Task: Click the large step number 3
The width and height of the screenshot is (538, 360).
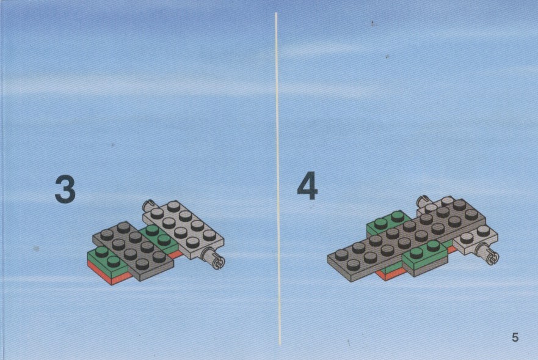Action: (x=65, y=189)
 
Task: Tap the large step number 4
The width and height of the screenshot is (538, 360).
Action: (x=307, y=186)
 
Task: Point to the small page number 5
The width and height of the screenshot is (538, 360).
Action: (x=515, y=337)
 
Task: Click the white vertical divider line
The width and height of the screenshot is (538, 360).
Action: (x=278, y=178)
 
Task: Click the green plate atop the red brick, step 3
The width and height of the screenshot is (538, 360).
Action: (x=107, y=259)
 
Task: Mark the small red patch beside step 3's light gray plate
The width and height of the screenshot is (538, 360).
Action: (x=176, y=254)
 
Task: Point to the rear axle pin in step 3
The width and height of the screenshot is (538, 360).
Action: (x=148, y=205)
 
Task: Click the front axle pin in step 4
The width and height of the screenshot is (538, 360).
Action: (x=489, y=254)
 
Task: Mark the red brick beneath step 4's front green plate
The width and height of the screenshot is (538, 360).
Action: (x=391, y=273)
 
